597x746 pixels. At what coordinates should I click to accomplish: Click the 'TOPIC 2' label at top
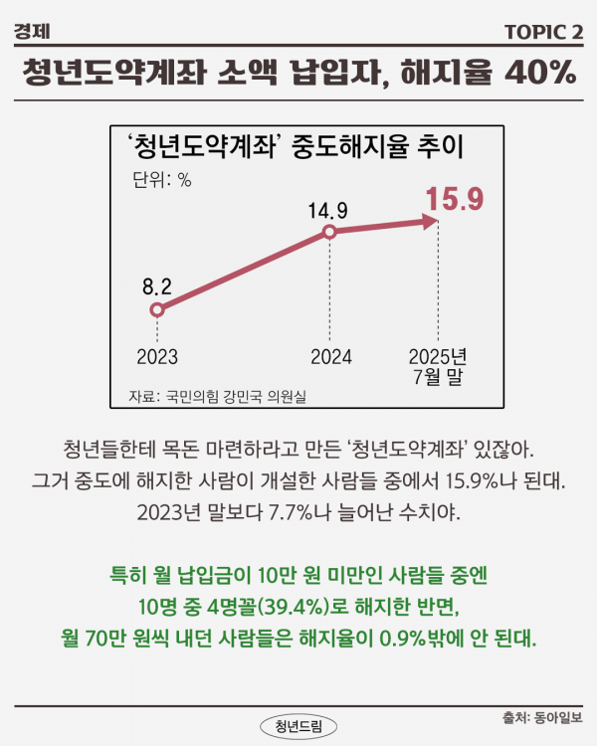tap(543, 33)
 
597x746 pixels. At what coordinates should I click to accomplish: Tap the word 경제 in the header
tap(33, 33)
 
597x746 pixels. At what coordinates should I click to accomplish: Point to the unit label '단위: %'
tap(161, 181)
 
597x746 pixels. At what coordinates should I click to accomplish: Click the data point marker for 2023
tap(155, 310)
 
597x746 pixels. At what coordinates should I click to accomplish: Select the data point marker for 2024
tap(328, 233)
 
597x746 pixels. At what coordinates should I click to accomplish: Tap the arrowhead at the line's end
tap(432, 224)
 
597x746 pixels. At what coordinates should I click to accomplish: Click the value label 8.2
tap(157, 286)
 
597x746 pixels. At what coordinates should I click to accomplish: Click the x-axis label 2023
tap(155, 356)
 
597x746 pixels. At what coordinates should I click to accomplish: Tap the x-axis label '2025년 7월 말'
tap(439, 366)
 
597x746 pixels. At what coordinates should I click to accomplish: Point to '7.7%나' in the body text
tap(289, 513)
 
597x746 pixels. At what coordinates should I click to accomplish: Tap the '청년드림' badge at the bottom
tap(298, 724)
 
